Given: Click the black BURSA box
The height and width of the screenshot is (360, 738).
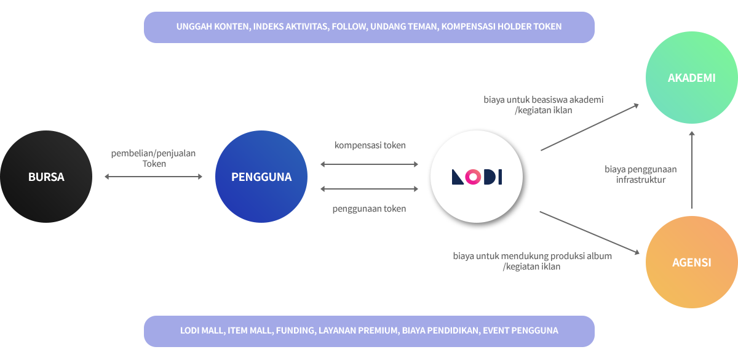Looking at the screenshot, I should [x=46, y=177].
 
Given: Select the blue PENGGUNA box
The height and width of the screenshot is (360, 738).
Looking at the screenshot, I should [x=261, y=177].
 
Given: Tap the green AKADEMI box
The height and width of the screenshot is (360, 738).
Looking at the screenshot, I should [x=692, y=78].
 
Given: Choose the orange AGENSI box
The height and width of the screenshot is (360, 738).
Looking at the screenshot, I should [x=692, y=262].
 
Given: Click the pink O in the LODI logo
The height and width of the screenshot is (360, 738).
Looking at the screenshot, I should [x=472, y=177].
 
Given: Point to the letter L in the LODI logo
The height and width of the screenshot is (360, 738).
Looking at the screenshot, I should [x=458, y=177].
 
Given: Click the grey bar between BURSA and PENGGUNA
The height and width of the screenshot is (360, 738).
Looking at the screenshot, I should [x=153, y=177].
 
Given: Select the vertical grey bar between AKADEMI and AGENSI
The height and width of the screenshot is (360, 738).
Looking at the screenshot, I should [x=692, y=170].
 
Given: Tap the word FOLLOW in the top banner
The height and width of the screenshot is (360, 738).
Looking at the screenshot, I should [x=348, y=27].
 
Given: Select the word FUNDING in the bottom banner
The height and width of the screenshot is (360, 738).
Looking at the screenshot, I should [x=295, y=330].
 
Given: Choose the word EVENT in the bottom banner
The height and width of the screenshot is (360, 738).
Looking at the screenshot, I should [x=496, y=330].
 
